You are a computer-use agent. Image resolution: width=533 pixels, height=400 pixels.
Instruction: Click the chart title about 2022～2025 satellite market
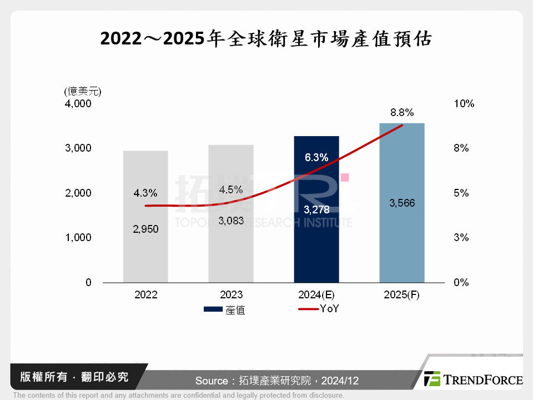[266, 39]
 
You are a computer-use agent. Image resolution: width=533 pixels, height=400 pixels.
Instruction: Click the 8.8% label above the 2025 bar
[402, 113]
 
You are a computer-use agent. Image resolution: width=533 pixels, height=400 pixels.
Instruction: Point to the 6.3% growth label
[316, 157]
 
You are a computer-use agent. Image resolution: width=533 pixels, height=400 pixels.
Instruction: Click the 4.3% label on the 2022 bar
[145, 193]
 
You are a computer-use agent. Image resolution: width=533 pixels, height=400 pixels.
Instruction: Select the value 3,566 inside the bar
[402, 203]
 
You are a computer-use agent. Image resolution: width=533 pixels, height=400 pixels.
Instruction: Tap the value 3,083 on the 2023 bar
[231, 221]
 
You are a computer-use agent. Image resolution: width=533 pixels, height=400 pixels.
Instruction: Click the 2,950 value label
[145, 229]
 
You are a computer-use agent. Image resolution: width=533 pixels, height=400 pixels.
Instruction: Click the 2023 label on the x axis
[231, 295]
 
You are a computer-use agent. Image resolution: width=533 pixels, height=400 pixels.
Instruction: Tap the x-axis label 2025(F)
[401, 295]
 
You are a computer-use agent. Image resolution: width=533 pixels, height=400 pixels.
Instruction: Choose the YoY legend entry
[319, 309]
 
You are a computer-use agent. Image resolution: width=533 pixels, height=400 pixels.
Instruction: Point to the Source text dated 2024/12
[277, 381]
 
